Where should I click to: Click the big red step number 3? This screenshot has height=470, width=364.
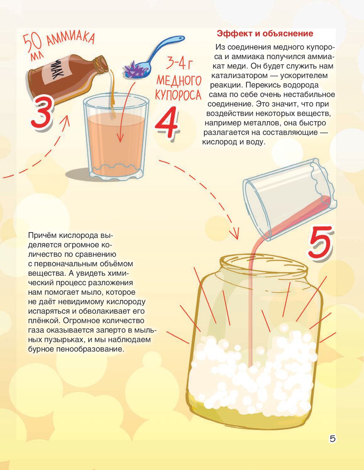(42, 113)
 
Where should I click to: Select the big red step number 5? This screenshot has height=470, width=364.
(320, 242)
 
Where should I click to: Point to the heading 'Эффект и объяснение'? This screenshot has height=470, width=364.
(265, 34)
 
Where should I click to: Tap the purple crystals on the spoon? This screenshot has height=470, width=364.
(134, 69)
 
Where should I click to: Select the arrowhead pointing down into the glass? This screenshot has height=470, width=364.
(120, 138)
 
